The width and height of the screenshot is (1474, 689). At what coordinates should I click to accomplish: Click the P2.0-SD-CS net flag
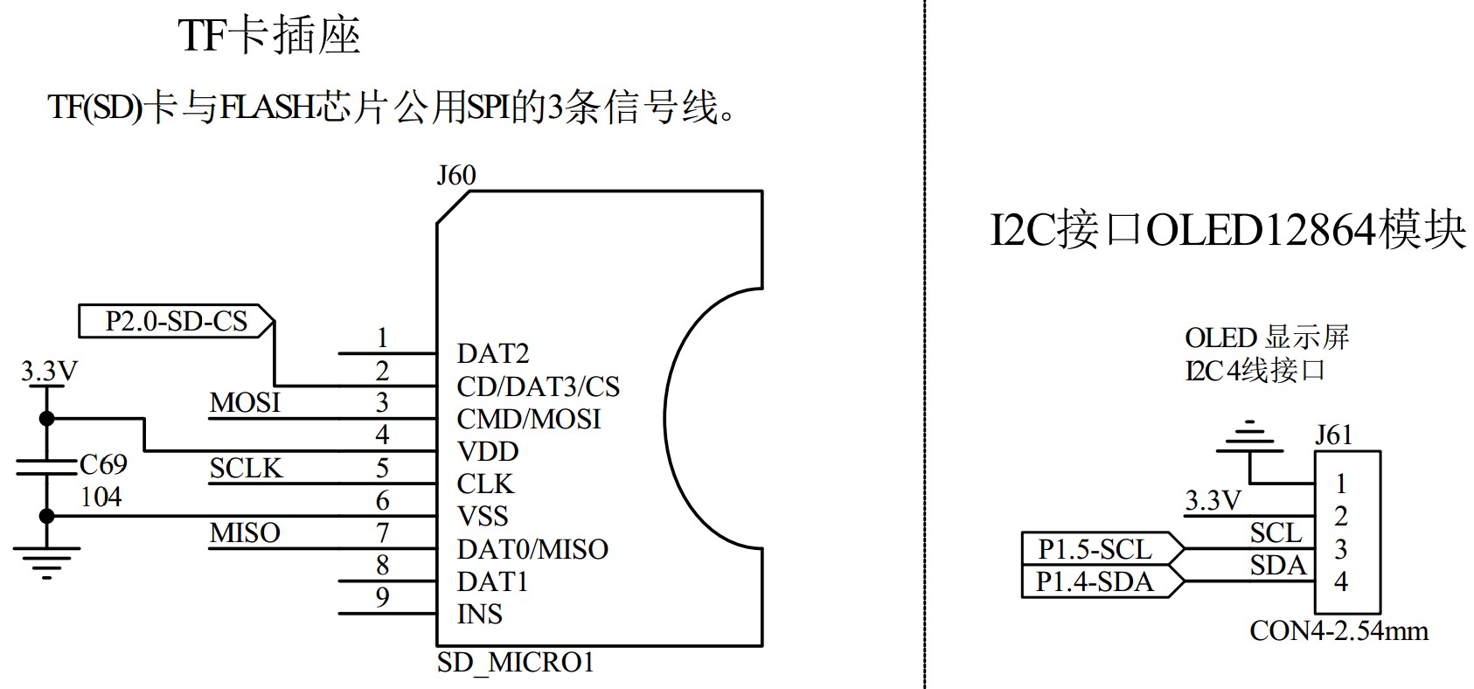[x=176, y=321]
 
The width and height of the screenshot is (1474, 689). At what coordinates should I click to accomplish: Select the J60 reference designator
[x=455, y=176]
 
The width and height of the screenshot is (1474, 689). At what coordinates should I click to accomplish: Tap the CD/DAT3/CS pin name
[x=538, y=386]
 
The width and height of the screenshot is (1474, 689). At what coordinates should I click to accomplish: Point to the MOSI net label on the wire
[x=245, y=402]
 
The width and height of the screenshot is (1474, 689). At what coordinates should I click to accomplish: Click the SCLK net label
[x=246, y=469]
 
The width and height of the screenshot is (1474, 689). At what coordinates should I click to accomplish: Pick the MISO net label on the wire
[x=245, y=532]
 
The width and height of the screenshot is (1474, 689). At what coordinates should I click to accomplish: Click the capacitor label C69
[x=103, y=464]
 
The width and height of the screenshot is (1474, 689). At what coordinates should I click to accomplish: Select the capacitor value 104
[x=101, y=498]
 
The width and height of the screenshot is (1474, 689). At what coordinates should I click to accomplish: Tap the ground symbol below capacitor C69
[x=47, y=560]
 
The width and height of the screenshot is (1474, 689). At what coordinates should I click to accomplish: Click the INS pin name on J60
[x=479, y=615]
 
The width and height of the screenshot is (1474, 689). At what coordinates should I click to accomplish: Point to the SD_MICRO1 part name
[x=515, y=663]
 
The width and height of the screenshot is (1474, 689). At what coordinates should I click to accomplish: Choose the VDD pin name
[x=487, y=452]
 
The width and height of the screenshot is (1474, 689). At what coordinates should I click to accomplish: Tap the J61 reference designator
[x=1333, y=435]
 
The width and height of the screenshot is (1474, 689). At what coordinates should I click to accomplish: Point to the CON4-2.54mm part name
[x=1338, y=631]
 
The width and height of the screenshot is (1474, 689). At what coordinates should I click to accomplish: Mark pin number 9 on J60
[x=382, y=597]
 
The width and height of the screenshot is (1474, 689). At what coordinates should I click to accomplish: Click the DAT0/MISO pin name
[x=532, y=549]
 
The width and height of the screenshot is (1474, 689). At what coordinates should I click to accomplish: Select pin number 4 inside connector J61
[x=1340, y=581]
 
